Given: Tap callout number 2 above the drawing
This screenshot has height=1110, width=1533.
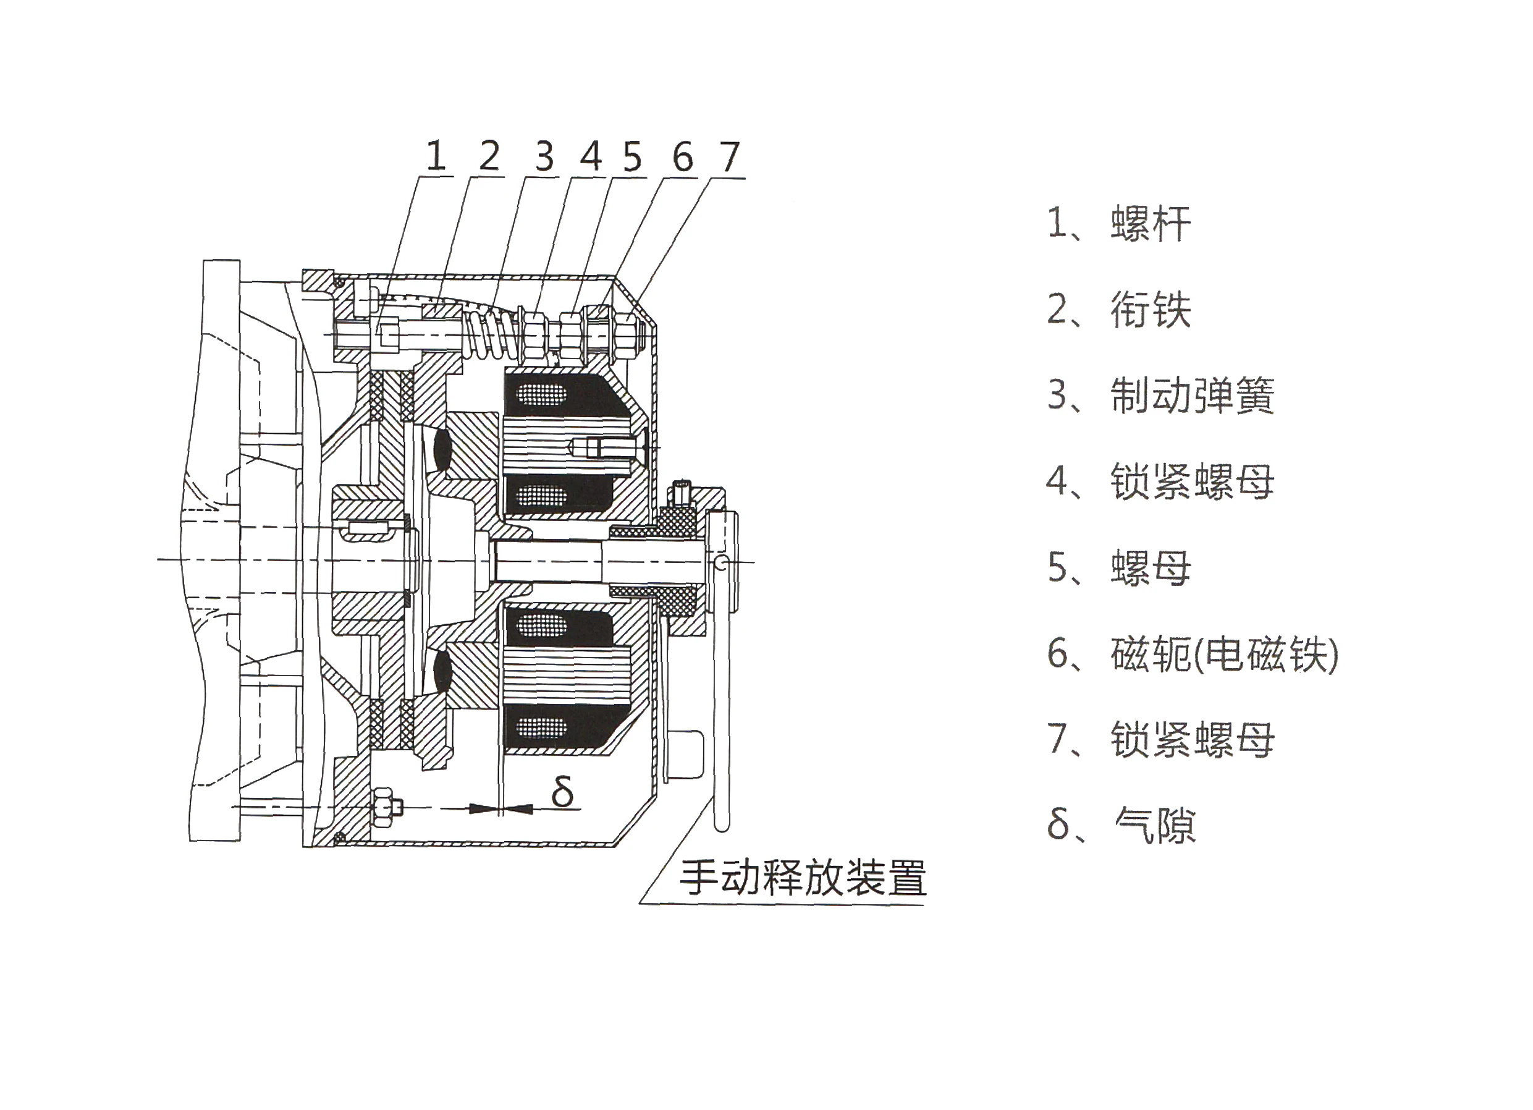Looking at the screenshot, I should coord(489,156).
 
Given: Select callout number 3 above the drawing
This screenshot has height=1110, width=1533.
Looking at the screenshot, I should coord(545,156).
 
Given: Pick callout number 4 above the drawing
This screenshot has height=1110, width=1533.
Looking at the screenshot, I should coord(591,156).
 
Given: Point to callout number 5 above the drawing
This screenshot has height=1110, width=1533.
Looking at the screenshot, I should coord(632,156).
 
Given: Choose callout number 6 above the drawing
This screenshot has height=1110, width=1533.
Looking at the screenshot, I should coord(683,156).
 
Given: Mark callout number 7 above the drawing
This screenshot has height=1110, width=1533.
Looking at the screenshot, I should coord(729,156).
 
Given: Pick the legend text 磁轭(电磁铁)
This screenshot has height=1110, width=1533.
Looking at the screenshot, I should coord(1224,654).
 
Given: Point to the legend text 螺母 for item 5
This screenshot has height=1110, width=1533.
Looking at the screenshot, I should coord(1151,568).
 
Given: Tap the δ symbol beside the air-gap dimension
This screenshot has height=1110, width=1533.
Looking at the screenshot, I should coord(562,792).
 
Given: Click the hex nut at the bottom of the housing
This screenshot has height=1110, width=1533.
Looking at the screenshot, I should coord(382,807).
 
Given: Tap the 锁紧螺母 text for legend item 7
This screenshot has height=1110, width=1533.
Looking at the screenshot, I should coord(1193,740).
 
